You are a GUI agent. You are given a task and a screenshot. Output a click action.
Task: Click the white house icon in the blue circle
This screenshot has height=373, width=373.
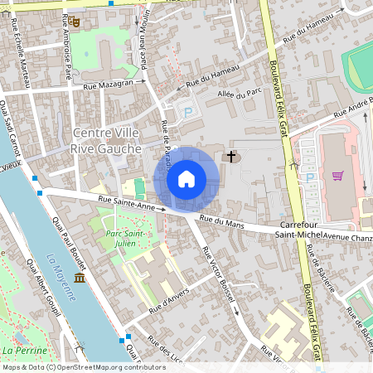pyautogui.click(x=186, y=179)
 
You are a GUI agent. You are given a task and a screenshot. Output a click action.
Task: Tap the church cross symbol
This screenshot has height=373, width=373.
pyautogui.click(x=230, y=156)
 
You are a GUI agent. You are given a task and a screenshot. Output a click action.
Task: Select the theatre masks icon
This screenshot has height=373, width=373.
pyautogui.click(x=72, y=22)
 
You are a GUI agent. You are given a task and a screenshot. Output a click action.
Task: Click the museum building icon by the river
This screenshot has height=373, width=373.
pyautogui.click(x=79, y=278)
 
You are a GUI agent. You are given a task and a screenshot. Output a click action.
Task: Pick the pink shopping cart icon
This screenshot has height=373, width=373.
pyautogui.click(x=337, y=175)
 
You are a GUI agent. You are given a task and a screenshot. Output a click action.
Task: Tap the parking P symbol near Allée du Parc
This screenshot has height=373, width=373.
pyautogui.click(x=187, y=111)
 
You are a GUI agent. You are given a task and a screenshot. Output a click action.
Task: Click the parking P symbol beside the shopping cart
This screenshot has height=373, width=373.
pyautogui.click(x=310, y=177)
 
